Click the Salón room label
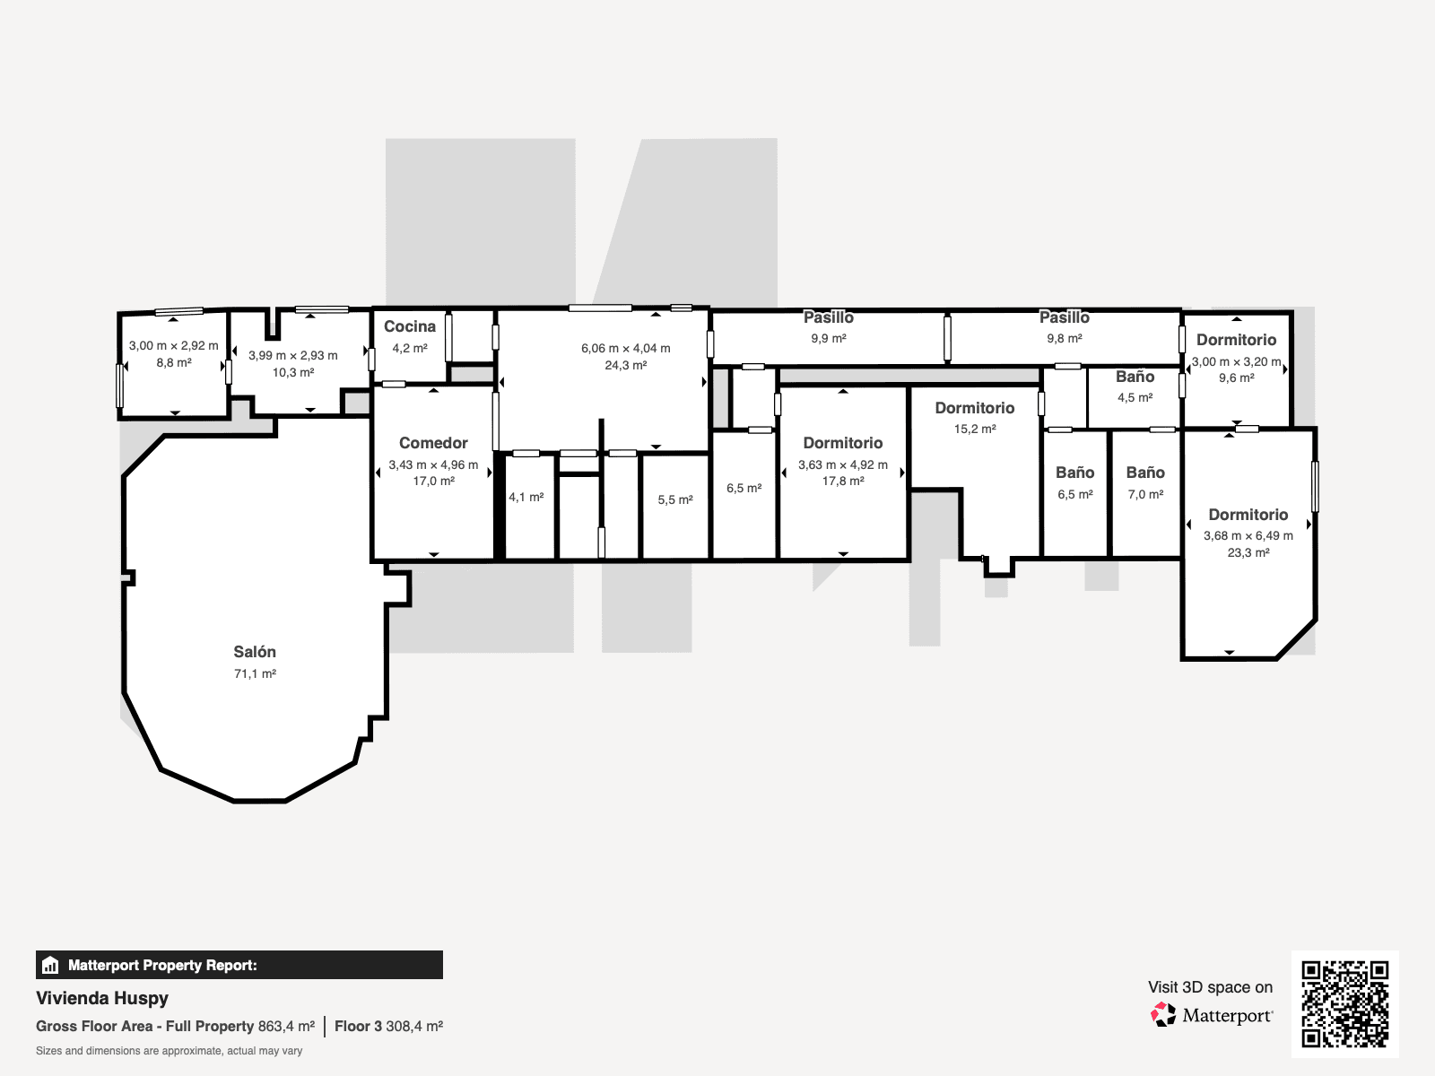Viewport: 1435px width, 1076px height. tap(255, 652)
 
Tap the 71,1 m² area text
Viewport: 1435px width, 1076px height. tap(255, 674)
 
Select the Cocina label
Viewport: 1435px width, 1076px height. tap(410, 326)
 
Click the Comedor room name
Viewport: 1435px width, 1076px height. tap(433, 443)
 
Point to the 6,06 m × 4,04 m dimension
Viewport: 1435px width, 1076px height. tap(625, 348)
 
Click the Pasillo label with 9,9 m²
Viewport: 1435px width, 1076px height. tap(829, 317)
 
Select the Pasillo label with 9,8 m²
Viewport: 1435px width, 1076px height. tap(1065, 317)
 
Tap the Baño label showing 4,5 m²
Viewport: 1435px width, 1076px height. tap(1135, 377)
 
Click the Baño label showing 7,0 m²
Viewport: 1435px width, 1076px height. tap(1145, 473)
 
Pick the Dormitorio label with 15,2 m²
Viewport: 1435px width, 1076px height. tap(975, 408)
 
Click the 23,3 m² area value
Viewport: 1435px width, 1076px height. tap(1248, 553)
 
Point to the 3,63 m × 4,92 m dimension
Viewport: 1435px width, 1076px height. tap(843, 464)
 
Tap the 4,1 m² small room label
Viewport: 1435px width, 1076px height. tap(526, 497)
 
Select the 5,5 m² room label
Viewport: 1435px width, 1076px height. tap(675, 500)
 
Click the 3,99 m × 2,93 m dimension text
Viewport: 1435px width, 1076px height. tap(293, 355)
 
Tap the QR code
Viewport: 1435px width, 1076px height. tap(1344, 1003)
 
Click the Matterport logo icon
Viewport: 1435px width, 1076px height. tap(1163, 1015)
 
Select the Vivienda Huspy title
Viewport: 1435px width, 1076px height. tap(102, 998)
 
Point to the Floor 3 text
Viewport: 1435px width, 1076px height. tap(358, 1026)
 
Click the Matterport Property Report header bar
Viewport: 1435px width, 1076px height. tap(239, 965)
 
